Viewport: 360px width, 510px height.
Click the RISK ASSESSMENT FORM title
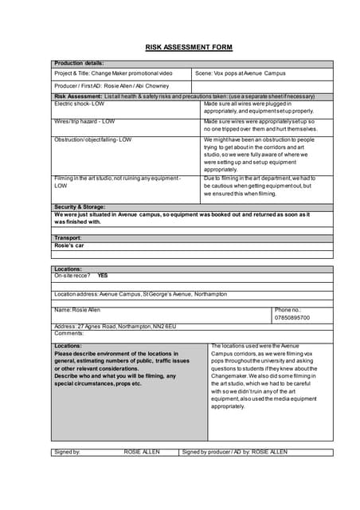pyautogui.click(x=189, y=48)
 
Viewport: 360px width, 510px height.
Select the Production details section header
pyautogui.click(x=79, y=63)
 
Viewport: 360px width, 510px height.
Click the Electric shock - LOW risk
pyautogui.click(x=79, y=104)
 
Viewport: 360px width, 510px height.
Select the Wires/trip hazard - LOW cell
pyautogui.click(x=84, y=122)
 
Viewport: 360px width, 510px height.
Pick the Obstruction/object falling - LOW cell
pyautogui.click(x=92, y=139)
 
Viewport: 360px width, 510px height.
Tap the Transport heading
pyautogui.click(x=68, y=238)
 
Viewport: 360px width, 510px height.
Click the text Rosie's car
pyautogui.click(x=69, y=246)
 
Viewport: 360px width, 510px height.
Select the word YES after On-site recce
pyautogui.click(x=103, y=276)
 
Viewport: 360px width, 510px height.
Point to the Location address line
pyautogui.click(x=140, y=294)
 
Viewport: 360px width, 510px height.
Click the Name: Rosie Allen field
pyautogui.click(x=78, y=310)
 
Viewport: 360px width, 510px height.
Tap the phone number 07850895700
pyautogui.click(x=292, y=318)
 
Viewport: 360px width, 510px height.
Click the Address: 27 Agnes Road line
pyautogui.click(x=115, y=327)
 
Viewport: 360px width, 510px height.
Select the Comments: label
pyautogui.click(x=69, y=333)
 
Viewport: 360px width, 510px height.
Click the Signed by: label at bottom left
pyautogui.click(x=67, y=452)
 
